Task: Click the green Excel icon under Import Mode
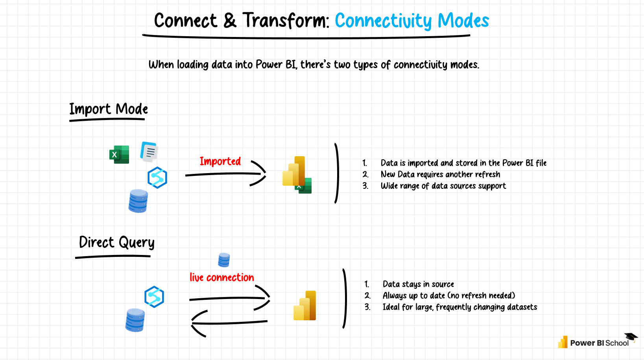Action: coord(119,154)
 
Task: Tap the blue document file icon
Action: coord(149,152)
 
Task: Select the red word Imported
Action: coord(220,161)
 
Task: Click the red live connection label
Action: coord(221,277)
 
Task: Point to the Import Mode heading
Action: coord(109,109)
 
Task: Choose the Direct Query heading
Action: coord(116,242)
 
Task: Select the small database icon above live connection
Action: coord(224,260)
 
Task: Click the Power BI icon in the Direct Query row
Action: coord(305,306)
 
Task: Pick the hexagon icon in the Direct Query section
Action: coord(154,297)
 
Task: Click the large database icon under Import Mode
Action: coord(138,201)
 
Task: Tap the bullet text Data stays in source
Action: coord(418,284)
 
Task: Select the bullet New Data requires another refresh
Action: coord(440,174)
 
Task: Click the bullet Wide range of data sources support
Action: coord(443,186)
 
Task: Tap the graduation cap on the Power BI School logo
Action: coord(631,337)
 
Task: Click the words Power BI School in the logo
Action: coord(599,343)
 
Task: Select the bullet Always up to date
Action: coord(448,295)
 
